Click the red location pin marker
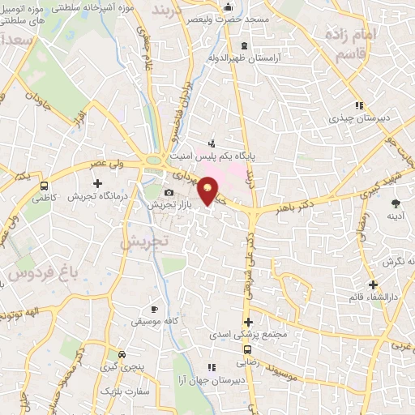(x=207, y=189)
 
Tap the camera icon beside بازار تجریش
(x=168, y=193)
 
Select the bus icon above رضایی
(x=246, y=351)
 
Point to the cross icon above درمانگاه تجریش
(x=97, y=184)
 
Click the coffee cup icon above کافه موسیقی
(x=154, y=309)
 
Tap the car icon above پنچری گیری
(x=122, y=354)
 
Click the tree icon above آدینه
(x=396, y=203)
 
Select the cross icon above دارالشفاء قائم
(x=373, y=285)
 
